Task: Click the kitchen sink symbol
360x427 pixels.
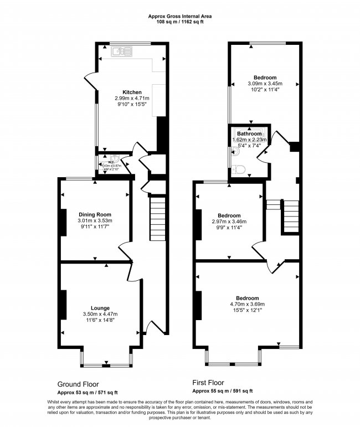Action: click(x=120, y=53)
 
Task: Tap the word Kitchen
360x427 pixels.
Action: click(x=132, y=92)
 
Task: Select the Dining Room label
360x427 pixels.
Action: click(x=95, y=214)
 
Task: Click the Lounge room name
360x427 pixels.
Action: click(x=100, y=308)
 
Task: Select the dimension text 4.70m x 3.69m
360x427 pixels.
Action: click(x=247, y=304)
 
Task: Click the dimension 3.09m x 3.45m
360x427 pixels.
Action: click(x=265, y=84)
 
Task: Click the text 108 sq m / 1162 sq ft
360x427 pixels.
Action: click(x=179, y=23)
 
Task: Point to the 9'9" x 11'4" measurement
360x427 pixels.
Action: click(x=229, y=228)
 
